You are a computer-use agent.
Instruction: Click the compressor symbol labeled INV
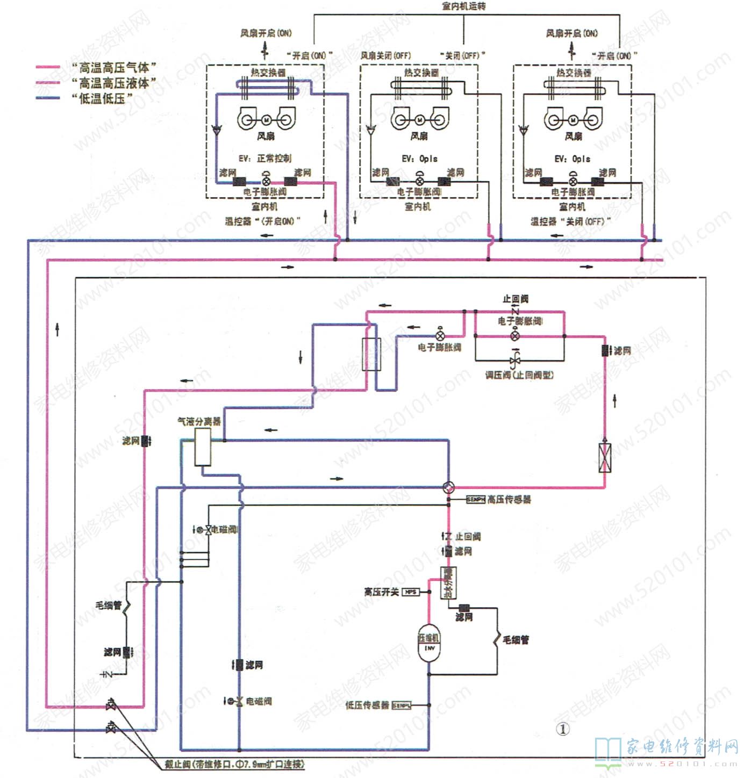click(429, 643)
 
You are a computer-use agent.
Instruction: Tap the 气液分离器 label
click(199, 421)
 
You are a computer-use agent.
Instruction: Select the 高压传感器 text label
click(509, 500)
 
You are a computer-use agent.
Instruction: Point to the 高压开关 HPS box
click(410, 592)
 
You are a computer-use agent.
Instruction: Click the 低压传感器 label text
click(367, 705)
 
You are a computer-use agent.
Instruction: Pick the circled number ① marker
click(562, 729)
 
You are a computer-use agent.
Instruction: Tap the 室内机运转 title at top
click(463, 6)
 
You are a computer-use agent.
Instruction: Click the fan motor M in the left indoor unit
click(266, 119)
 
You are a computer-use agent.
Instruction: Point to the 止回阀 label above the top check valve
click(515, 299)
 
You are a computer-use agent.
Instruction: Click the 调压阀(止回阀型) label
click(519, 375)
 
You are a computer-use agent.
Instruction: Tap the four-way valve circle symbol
click(448, 487)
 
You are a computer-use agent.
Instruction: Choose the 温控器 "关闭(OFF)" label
click(570, 221)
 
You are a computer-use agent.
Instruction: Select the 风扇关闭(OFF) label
click(385, 55)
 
